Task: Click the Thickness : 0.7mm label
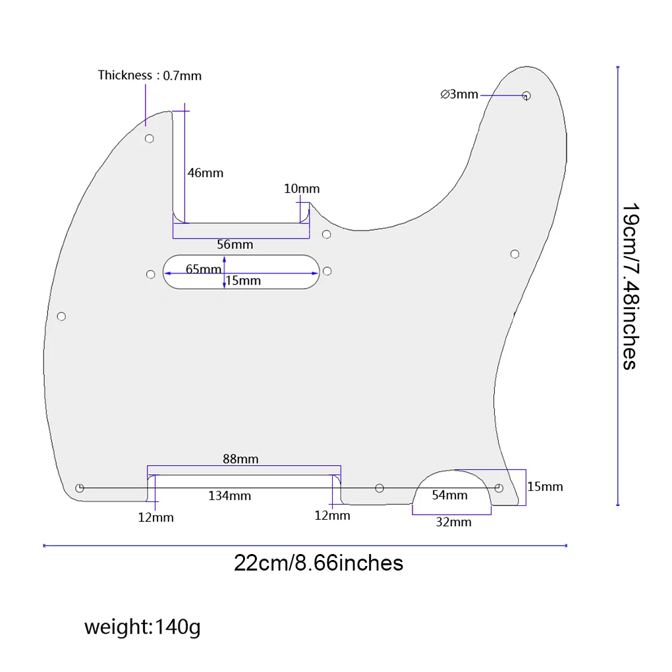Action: coord(150,75)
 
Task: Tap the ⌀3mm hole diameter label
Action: coord(459,94)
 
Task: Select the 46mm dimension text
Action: coord(206,173)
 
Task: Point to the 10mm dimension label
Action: coord(302,189)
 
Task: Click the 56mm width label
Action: coord(235,244)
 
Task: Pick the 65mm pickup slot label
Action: coord(204,269)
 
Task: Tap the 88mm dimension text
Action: coord(240,459)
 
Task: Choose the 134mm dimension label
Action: coord(229,495)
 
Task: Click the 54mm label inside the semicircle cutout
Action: coord(449,495)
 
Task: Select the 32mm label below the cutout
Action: coord(454,522)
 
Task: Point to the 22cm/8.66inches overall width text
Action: coord(318,563)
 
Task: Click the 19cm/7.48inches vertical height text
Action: coord(630,287)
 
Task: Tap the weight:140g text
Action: coord(142,627)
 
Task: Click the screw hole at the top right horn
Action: coord(526,96)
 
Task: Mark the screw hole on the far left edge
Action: coord(61,317)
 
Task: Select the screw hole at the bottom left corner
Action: coord(80,488)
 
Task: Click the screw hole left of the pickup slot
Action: coord(150,273)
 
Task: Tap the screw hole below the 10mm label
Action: coord(326,235)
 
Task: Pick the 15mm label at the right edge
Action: coord(545,487)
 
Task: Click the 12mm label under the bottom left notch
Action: coord(155,517)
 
